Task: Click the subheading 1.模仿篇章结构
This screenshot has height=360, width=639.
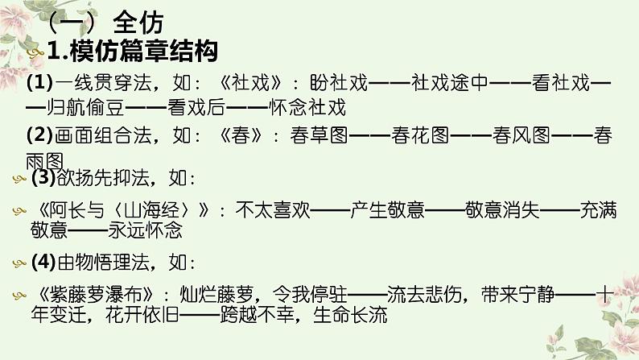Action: [x=133, y=53]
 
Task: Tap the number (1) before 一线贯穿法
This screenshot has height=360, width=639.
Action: [x=39, y=83]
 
